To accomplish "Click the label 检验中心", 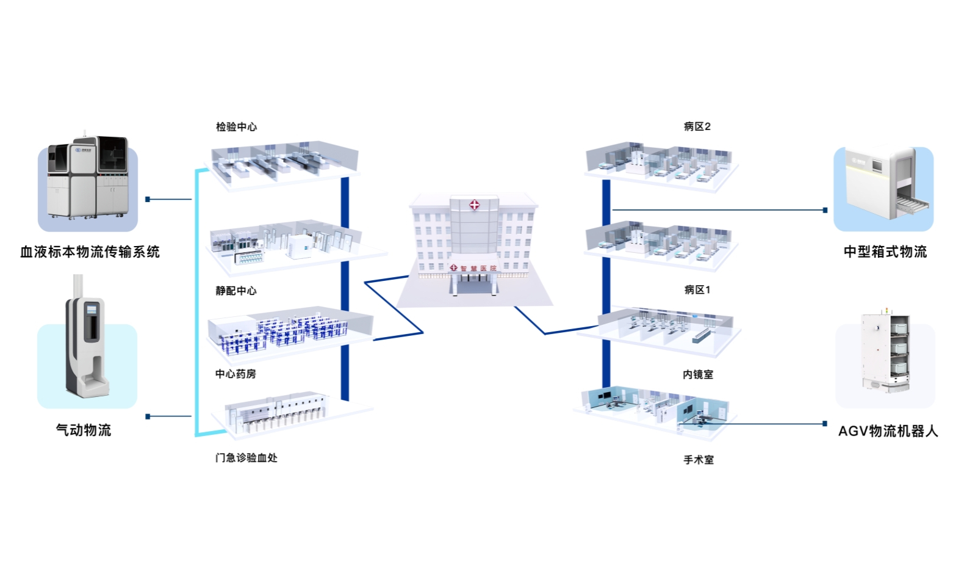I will (x=236, y=127).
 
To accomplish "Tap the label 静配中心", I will (x=236, y=291).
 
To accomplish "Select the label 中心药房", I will (x=236, y=374).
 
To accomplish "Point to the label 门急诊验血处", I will (x=246, y=457).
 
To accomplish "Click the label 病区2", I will (x=697, y=126).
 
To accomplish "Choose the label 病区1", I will (x=697, y=289).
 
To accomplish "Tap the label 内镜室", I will (x=698, y=374).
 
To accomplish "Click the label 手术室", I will (x=698, y=460).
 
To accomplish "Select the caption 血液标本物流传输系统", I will (x=90, y=252).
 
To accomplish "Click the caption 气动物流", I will (x=84, y=430).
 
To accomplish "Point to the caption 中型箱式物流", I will (x=885, y=252).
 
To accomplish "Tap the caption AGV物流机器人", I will (x=888, y=431).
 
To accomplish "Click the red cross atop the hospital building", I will (x=474, y=205).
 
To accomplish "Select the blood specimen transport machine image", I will (x=88, y=179).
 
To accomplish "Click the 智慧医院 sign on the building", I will (x=478, y=269).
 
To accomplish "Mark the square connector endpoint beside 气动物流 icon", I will (x=148, y=416).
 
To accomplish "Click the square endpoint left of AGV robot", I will (x=825, y=423).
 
